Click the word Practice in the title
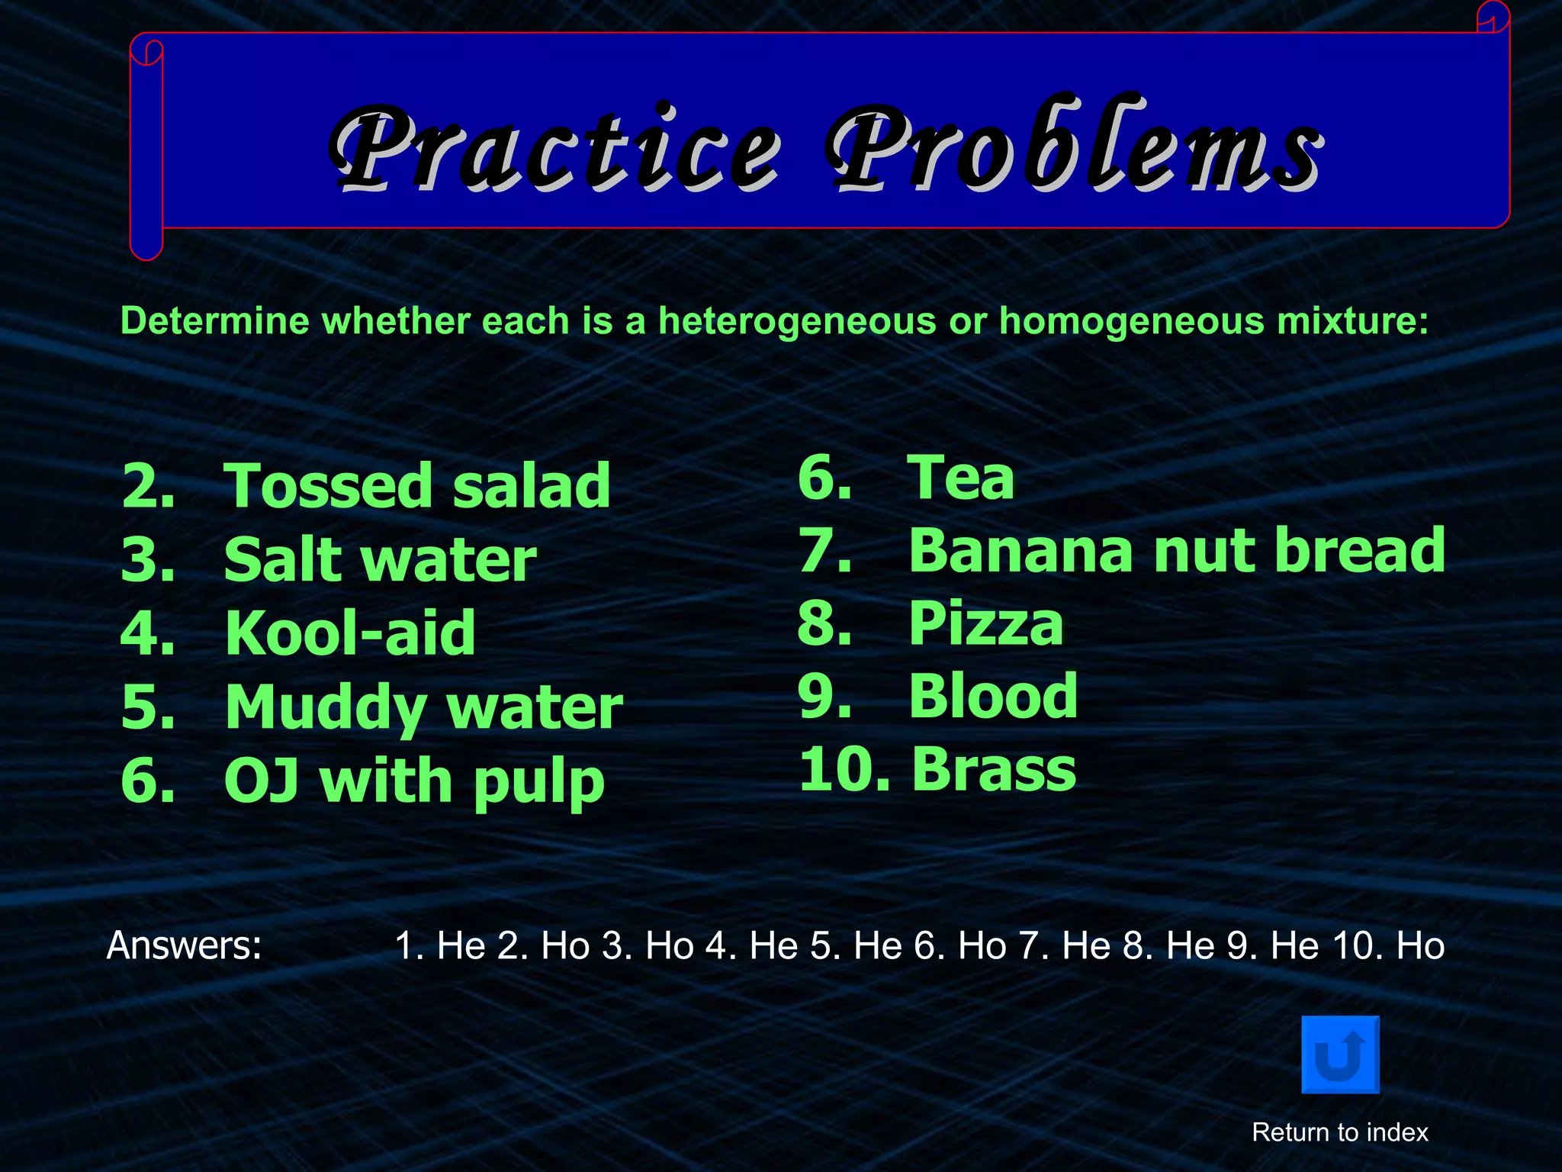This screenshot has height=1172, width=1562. tap(555, 149)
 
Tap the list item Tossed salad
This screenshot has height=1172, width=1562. tap(416, 486)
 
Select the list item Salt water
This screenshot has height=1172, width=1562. tap(380, 559)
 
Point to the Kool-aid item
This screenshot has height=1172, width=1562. tap(350, 633)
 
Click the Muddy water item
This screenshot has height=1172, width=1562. tap(423, 707)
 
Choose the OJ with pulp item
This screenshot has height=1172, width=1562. tap(414, 781)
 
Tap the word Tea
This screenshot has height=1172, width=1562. tap(960, 478)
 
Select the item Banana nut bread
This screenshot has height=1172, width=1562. tap(1176, 550)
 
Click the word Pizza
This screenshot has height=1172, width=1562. tap(985, 623)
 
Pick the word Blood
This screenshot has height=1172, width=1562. tap(993, 696)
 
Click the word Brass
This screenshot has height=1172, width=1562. tap(993, 769)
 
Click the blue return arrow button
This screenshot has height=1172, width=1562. tap(1340, 1054)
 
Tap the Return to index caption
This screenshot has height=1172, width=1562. tap(1340, 1132)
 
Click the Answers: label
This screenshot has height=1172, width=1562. tap(184, 945)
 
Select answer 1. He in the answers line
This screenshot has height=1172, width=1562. tap(439, 946)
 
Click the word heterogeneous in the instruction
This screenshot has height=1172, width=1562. tap(796, 320)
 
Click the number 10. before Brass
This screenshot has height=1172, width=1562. tap(844, 769)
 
